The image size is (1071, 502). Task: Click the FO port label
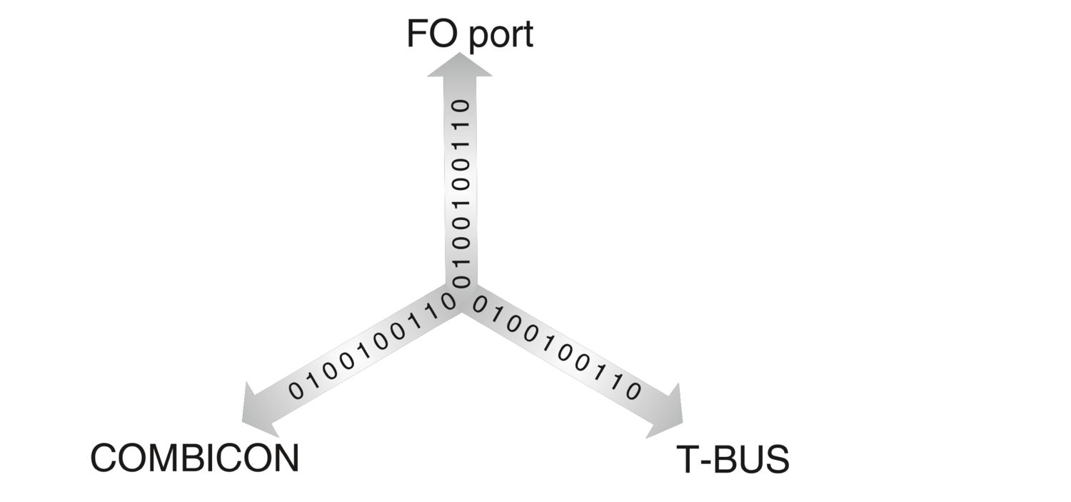469,34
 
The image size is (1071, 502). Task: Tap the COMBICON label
194,458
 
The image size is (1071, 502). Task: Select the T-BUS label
733,460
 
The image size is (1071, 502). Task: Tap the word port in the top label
501,36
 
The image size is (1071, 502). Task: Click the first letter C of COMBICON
105,458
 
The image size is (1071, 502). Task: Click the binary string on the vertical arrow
461,193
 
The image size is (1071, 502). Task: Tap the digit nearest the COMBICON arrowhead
296,390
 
